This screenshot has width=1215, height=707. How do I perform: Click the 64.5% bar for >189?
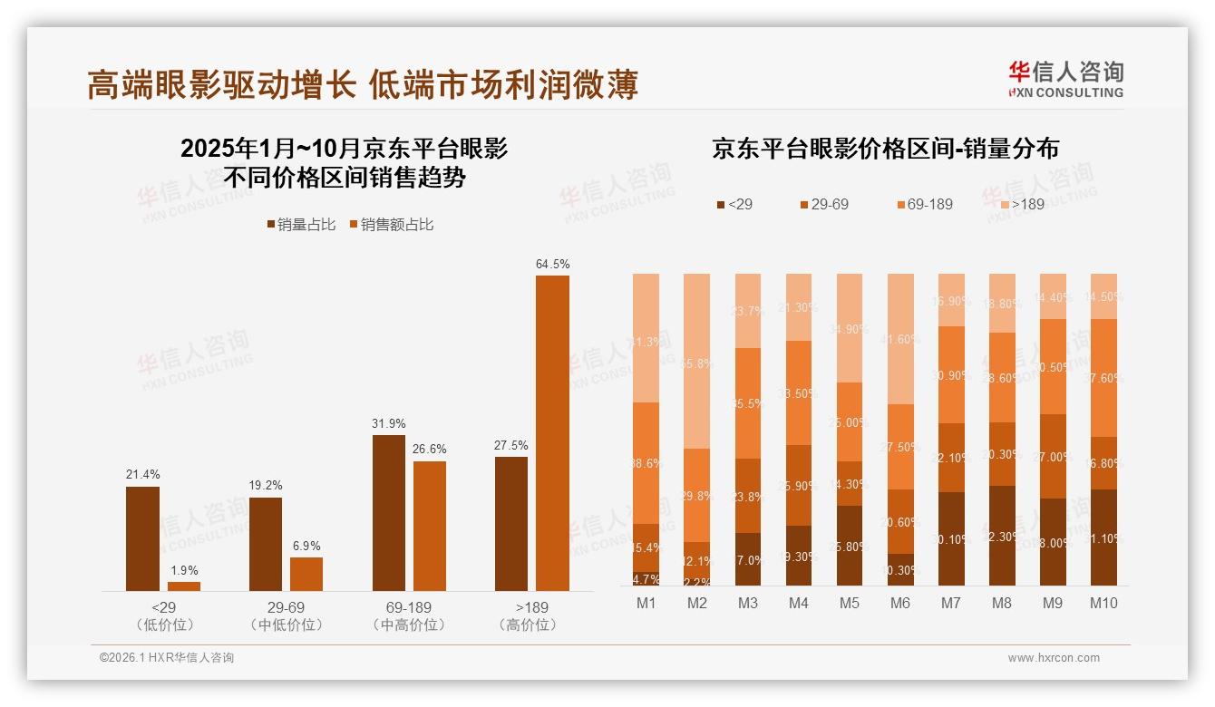(552, 433)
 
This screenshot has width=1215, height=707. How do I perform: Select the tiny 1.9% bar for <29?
(184, 586)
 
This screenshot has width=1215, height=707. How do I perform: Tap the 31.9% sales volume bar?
(389, 513)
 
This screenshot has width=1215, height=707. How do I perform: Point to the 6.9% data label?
(306, 546)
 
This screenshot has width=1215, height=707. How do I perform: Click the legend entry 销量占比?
(301, 225)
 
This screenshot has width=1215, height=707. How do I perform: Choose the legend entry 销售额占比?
(391, 225)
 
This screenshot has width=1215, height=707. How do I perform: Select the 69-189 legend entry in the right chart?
(925, 204)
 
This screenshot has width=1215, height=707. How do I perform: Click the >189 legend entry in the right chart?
(1022, 204)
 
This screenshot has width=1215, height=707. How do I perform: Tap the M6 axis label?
(900, 603)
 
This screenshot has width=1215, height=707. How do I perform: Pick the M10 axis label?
(1103, 603)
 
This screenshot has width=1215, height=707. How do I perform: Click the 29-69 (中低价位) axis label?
(284, 615)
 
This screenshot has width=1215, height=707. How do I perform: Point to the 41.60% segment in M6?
(900, 339)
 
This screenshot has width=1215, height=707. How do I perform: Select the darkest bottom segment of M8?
(1002, 536)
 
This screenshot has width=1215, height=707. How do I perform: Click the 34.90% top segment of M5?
(850, 327)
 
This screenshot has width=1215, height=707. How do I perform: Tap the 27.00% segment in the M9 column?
(1053, 457)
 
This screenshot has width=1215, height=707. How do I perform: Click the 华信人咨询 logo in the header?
(1065, 79)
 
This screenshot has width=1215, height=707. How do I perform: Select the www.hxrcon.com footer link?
(1054, 658)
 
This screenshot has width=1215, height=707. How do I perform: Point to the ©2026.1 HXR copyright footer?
(167, 658)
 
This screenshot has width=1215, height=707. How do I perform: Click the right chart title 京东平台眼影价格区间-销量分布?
(885, 149)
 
